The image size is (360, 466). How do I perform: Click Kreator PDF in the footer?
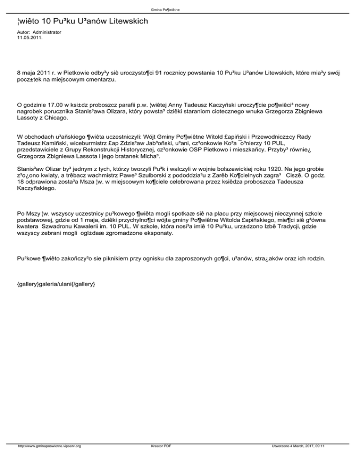coord(158,459)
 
